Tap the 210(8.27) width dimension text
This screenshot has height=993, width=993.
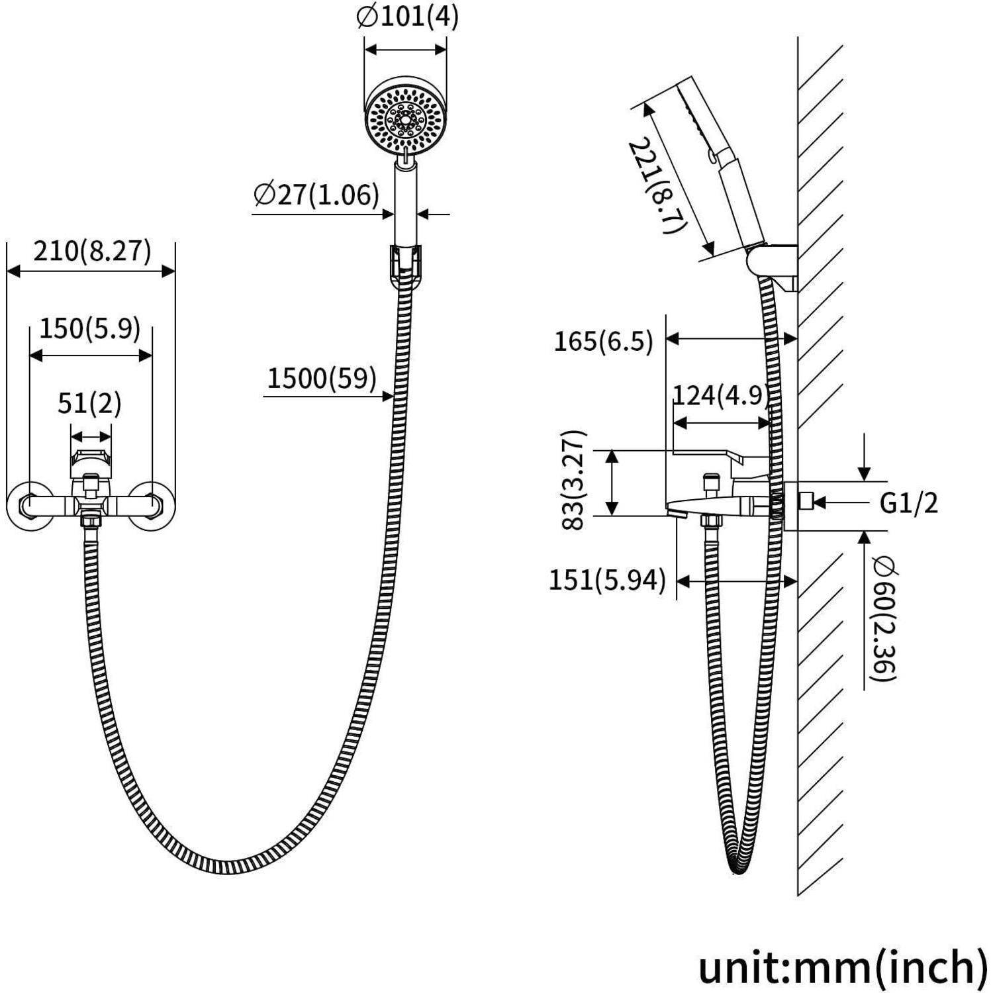(92, 252)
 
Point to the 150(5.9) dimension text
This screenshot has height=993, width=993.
(90, 328)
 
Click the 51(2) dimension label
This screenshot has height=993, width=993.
(90, 403)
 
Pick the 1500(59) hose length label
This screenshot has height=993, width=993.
(322, 378)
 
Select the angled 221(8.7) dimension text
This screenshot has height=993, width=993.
(655, 186)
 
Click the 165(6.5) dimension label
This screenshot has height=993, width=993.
(603, 342)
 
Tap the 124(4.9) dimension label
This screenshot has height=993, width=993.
(721, 395)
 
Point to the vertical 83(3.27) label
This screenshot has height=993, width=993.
(574, 479)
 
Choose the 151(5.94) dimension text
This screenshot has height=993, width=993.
(606, 581)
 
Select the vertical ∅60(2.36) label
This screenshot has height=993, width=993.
(884, 618)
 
